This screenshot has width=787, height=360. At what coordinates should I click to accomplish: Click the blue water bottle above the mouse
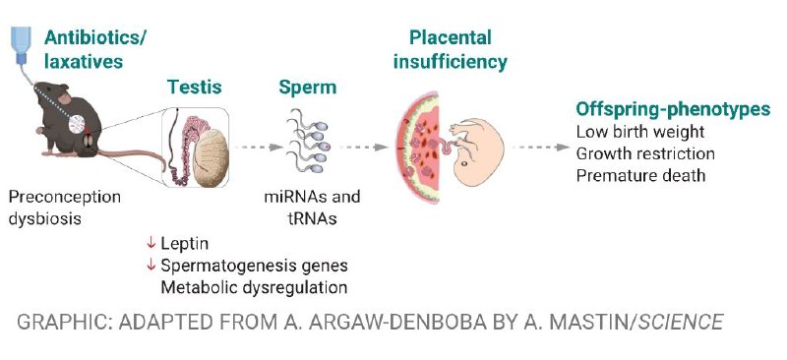[21, 44]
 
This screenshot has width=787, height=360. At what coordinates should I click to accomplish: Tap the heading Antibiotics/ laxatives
[94, 49]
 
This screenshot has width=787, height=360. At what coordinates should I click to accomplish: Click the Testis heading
[194, 87]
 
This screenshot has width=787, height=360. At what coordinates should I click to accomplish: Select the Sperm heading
[308, 88]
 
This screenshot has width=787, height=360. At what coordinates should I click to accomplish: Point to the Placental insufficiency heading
[450, 50]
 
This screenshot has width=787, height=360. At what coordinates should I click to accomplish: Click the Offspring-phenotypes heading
[673, 109]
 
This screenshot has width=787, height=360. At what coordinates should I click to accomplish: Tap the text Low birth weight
[640, 132]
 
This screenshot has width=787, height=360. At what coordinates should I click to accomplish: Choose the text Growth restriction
[645, 153]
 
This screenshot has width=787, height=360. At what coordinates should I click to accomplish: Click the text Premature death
[641, 175]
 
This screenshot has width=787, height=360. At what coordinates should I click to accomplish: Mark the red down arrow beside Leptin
[151, 244]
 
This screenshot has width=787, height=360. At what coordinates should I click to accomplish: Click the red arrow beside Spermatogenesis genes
[151, 266]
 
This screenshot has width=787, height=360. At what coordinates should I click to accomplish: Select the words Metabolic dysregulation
[254, 288]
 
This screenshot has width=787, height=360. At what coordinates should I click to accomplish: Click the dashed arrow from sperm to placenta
[364, 148]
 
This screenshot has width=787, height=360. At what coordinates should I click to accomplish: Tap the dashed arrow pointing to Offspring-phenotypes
[541, 148]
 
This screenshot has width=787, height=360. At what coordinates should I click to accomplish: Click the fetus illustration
[475, 150]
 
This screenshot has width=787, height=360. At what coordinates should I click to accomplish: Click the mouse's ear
[64, 97]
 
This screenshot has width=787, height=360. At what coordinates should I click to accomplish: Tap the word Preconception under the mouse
[65, 197]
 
